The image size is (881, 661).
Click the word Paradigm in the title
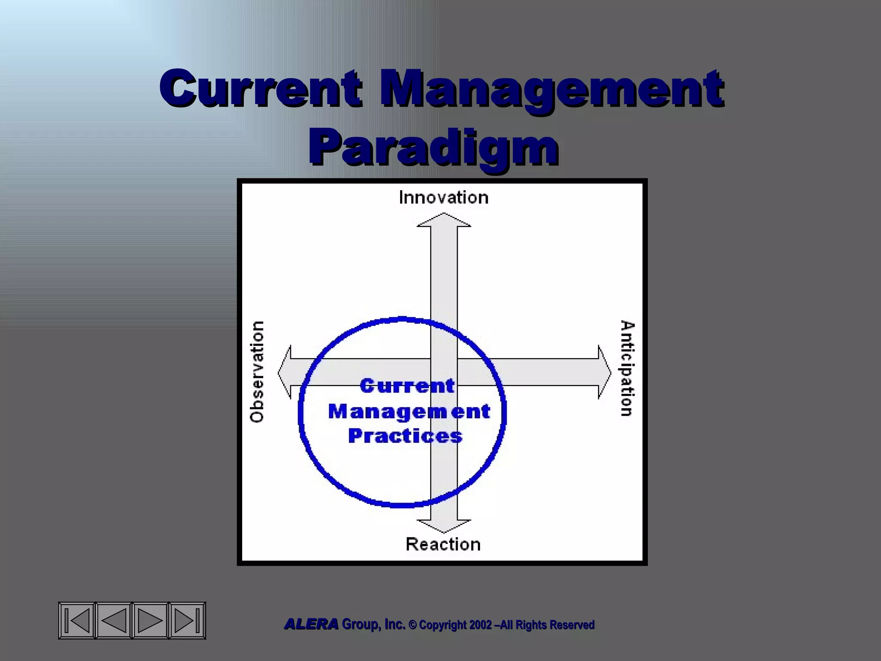433,147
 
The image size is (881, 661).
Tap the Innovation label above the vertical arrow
444,198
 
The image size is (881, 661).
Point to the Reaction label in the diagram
443,544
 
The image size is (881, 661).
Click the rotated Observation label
257,372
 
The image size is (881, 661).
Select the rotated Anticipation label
628,368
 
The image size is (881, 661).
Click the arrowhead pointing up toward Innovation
444,220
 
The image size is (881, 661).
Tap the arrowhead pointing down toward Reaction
444,526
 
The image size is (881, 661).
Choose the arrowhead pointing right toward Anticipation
604,372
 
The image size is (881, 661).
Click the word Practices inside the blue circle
405,436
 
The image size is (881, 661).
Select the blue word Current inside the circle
407,386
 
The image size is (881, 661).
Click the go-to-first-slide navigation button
77,621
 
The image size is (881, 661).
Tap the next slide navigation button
150,621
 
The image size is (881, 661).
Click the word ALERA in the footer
311,624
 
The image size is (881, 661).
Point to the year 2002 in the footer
480,625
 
